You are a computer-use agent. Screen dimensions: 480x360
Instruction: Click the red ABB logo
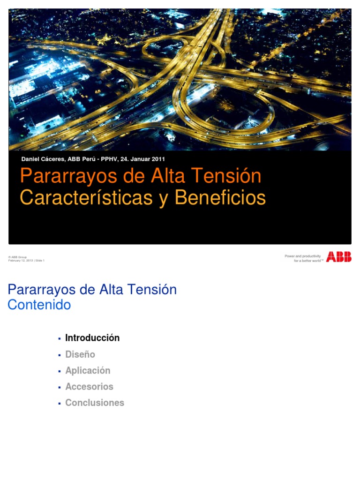pyautogui.click(x=338, y=256)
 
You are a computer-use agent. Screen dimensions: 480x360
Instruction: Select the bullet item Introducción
pyautogui.click(x=92, y=338)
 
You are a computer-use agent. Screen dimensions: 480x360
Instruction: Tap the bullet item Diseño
pyautogui.click(x=80, y=354)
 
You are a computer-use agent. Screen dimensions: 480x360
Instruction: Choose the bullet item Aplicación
pyautogui.click(x=88, y=370)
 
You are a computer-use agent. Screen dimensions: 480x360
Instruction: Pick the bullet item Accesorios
pyautogui.click(x=89, y=387)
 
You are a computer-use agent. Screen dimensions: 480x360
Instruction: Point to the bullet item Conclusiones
pyautogui.click(x=95, y=403)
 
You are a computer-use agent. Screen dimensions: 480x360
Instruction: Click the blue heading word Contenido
pyautogui.click(x=39, y=305)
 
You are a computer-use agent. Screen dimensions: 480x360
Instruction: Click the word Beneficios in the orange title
pyautogui.click(x=220, y=198)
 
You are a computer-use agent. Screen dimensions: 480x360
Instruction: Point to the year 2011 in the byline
pyautogui.click(x=157, y=159)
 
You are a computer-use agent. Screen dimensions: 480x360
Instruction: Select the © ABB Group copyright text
pyautogui.click(x=17, y=257)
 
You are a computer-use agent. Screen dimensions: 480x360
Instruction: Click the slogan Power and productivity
pyautogui.click(x=302, y=256)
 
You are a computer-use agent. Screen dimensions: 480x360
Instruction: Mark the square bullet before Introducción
pyautogui.click(x=60, y=338)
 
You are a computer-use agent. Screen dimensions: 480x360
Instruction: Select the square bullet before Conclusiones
pyautogui.click(x=60, y=403)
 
